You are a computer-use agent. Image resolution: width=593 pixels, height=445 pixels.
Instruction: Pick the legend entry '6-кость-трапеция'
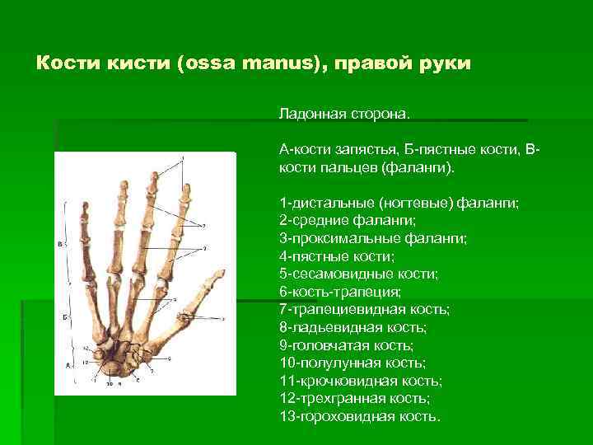(x=340, y=292)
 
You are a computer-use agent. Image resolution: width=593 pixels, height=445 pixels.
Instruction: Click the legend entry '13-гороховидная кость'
(x=360, y=416)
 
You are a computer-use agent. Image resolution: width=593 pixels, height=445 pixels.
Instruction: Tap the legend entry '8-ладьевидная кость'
(x=353, y=327)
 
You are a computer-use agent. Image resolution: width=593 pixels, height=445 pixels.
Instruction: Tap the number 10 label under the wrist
(x=110, y=383)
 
